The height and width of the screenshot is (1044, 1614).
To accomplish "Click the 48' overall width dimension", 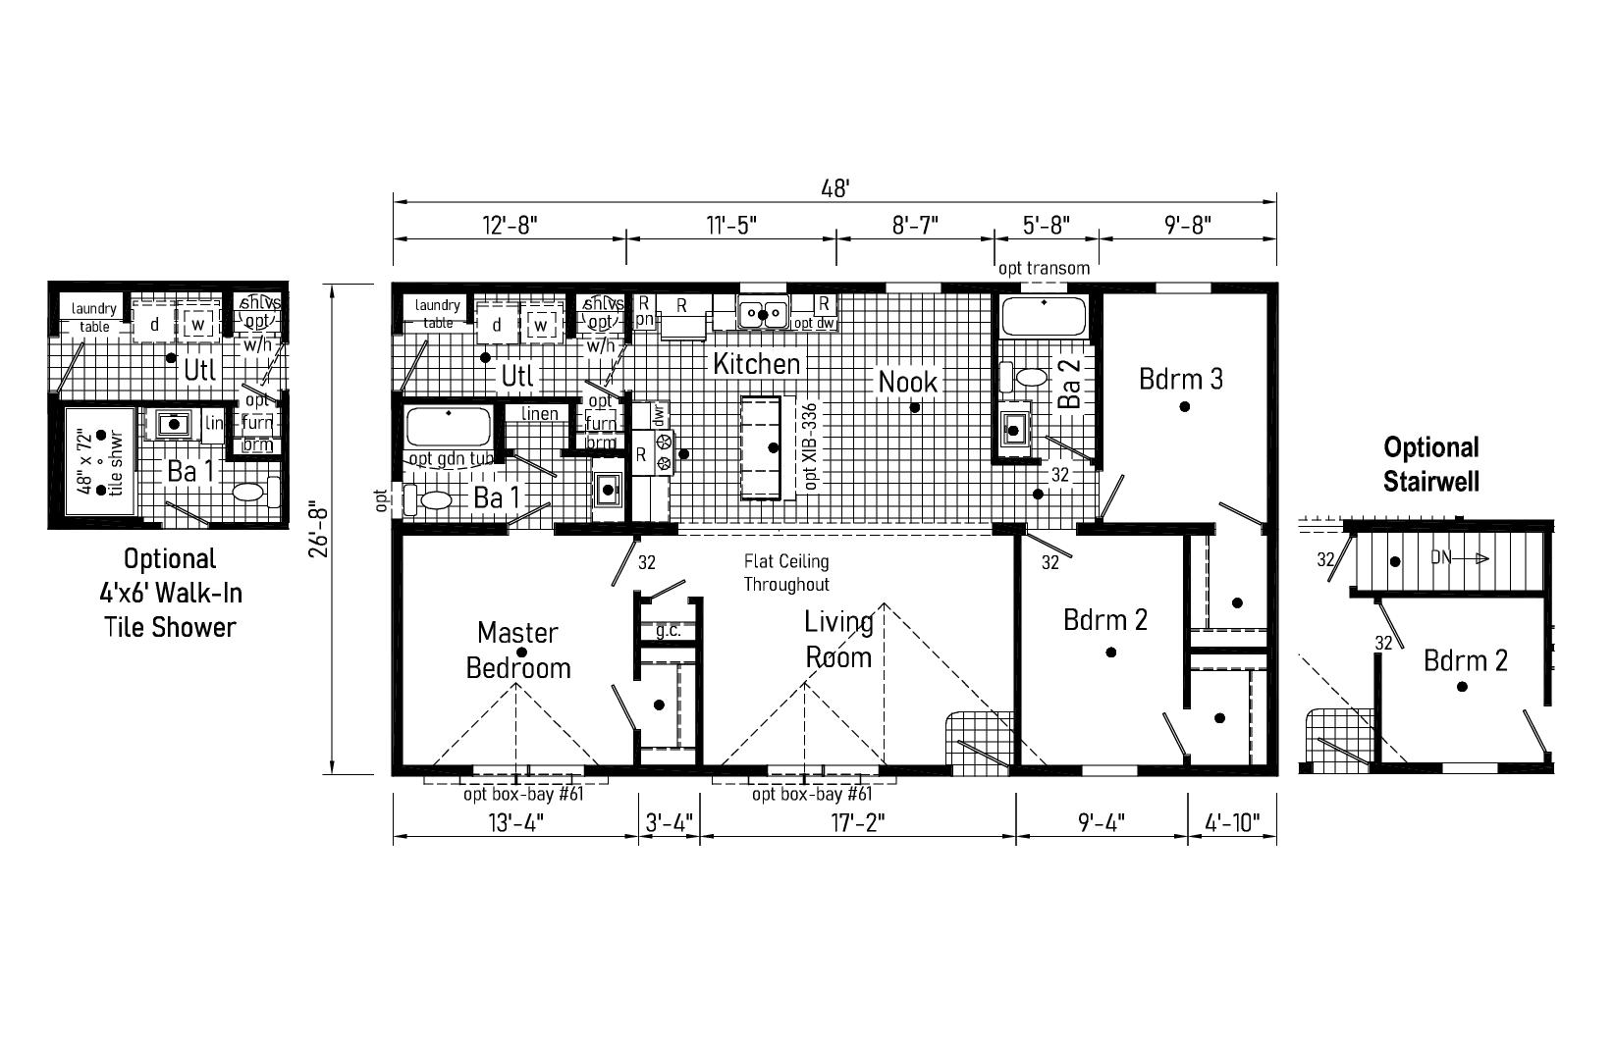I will pos(834,188).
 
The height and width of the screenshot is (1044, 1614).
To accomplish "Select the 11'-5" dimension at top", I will pos(731,225).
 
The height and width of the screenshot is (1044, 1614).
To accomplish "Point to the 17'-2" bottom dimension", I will pos(858,822).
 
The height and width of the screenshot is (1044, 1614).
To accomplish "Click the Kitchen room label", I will pos(756,364).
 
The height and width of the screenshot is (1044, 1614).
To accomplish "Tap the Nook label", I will pos(908,382).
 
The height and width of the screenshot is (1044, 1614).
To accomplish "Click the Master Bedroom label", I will pos(517,650).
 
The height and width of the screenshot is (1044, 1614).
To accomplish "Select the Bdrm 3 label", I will pos(1181,379).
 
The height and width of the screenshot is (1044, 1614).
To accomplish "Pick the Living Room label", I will pos(838,639).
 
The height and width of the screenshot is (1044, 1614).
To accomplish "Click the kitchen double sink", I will pos(763,313).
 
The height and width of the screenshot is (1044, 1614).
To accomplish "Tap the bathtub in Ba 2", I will pos(1043,318).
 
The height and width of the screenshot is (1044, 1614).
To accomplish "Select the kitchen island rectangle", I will pos(762,446).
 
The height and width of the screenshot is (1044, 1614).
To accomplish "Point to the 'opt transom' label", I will pos(1044,268).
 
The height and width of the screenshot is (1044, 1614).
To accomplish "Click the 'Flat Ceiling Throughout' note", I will pos(785,573).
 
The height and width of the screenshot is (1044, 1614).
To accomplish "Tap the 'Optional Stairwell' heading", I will pos(1430,464).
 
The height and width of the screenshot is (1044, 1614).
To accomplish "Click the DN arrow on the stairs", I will pos(1459,558).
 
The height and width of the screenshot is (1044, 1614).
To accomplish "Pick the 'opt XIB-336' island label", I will pos(810,446).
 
